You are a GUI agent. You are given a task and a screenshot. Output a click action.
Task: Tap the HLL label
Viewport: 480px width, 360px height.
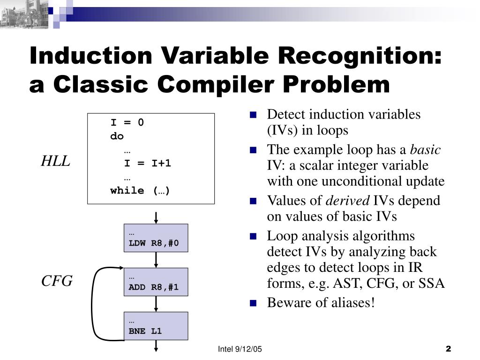(55, 162)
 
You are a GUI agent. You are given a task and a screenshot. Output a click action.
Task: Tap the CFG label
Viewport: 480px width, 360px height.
(57, 281)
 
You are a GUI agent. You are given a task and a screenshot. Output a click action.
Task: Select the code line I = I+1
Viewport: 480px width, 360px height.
(148, 164)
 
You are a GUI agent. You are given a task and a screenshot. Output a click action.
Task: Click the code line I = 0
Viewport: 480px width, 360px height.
(127, 123)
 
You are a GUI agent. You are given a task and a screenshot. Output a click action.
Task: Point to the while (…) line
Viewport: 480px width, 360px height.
(140, 191)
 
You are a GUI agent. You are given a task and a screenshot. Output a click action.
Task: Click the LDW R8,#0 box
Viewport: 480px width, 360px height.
(156, 238)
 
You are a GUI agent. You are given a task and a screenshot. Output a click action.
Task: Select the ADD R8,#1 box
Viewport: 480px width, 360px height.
(156, 282)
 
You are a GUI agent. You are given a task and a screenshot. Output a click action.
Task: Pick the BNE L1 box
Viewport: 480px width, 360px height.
(156, 326)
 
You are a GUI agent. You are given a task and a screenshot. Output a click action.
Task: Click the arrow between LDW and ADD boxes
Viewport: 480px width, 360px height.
(156, 260)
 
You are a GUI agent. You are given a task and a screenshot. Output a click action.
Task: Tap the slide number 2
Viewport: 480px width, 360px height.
(448, 349)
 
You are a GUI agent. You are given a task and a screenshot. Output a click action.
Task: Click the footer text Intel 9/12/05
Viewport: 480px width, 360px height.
(240, 349)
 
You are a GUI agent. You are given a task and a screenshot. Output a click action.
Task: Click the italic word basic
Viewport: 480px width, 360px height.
(425, 150)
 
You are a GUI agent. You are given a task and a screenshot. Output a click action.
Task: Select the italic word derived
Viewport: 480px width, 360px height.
(347, 201)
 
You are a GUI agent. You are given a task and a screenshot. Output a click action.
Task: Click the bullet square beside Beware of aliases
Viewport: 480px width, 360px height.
(254, 303)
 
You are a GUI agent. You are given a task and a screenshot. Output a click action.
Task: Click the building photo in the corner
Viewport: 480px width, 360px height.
(23, 13)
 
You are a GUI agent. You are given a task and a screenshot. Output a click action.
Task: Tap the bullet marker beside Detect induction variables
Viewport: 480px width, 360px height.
(254, 114)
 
